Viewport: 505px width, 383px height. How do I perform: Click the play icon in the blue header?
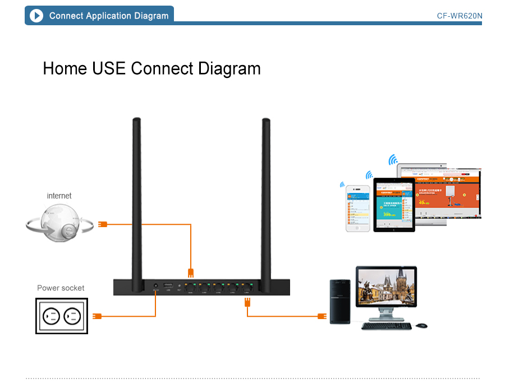tap(36, 16)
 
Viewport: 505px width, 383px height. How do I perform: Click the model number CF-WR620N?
tap(459, 16)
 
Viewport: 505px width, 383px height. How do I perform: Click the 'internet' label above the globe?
tap(59, 196)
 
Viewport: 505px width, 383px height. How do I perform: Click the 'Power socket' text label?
tap(61, 288)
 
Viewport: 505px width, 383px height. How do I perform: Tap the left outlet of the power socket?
tap(52, 316)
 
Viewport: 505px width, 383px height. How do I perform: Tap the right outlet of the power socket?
tap(73, 316)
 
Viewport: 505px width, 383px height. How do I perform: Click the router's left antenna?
tap(136, 196)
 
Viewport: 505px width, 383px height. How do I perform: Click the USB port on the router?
tap(168, 287)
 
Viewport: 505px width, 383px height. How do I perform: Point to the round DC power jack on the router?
tap(155, 287)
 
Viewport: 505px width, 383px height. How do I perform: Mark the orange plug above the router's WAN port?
tap(191, 273)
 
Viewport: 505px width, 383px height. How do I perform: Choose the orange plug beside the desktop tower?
tap(322, 316)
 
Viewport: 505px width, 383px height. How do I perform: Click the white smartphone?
tap(357, 208)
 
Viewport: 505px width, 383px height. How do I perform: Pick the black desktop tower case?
tap(341, 301)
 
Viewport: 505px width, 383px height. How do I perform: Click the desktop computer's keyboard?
tap(387, 326)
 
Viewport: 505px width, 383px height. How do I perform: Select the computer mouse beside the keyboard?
tap(421, 325)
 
